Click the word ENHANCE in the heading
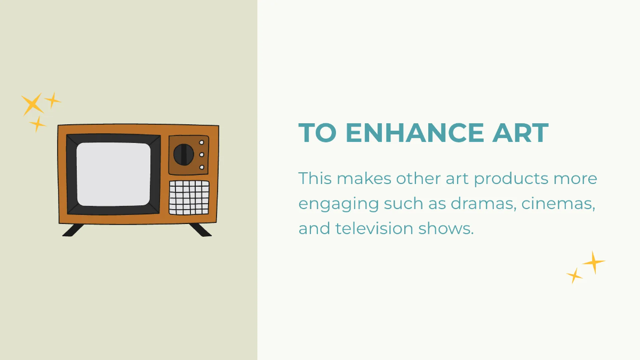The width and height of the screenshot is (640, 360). tap(407, 133)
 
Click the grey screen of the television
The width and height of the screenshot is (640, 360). tap(114, 174)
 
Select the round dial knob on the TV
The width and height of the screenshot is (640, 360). tap(183, 155)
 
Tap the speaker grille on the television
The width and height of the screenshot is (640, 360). tap(189, 197)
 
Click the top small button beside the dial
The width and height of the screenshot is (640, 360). tap(202, 142)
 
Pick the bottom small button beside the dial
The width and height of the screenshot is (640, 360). tap(202, 167)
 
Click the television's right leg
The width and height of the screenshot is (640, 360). tap(200, 229)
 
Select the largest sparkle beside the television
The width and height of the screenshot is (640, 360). tap(33, 105)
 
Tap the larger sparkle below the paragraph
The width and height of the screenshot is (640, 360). tap(593, 262)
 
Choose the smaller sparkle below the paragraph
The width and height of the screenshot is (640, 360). tap(574, 276)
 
